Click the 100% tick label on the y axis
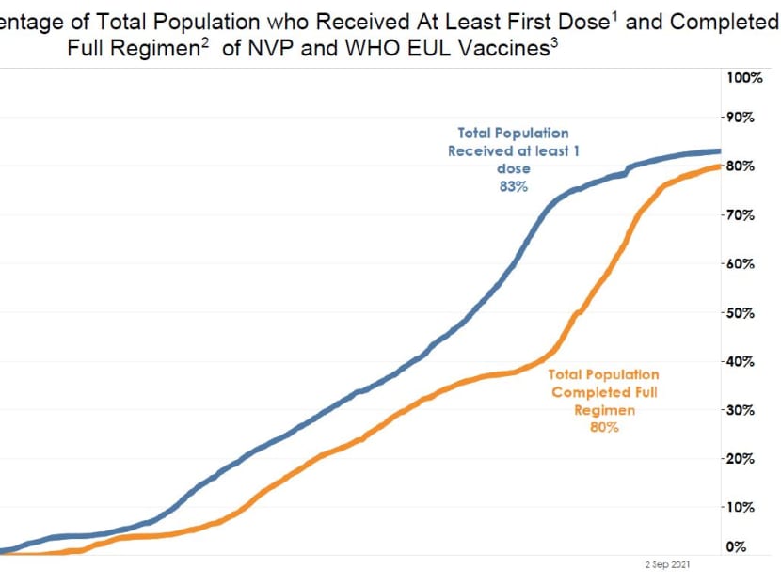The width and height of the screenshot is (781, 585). [x=743, y=76]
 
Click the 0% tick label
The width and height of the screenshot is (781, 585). [x=737, y=547]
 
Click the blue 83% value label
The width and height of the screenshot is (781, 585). [x=514, y=187]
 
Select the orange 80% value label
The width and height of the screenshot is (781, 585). [x=604, y=428]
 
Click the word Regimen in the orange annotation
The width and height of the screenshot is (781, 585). [x=604, y=410]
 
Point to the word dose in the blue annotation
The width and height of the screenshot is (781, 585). [x=514, y=169]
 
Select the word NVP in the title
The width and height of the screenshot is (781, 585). [x=280, y=48]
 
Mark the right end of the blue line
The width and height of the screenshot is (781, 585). [x=720, y=150]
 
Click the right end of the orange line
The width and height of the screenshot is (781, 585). [x=720, y=166]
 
